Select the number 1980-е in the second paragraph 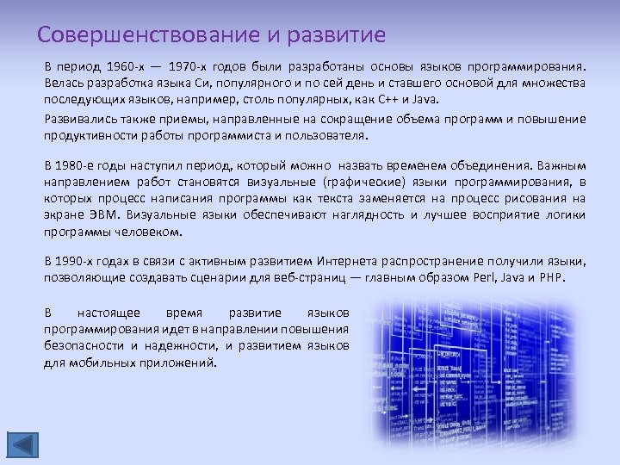(x=80, y=164)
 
